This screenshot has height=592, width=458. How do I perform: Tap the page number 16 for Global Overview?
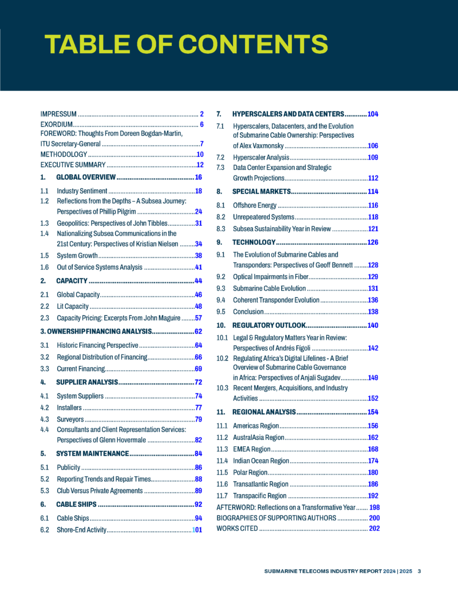click(x=199, y=177)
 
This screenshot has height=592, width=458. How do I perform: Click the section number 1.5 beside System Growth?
click(x=45, y=256)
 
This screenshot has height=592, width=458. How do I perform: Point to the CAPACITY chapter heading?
click(x=72, y=281)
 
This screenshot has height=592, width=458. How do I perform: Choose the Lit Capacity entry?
click(x=73, y=306)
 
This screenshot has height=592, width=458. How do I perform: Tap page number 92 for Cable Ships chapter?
click(x=199, y=504)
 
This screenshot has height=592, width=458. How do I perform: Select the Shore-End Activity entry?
click(x=81, y=530)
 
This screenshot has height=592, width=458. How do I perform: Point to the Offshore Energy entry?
click(x=254, y=205)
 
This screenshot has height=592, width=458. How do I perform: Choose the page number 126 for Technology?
click(x=373, y=243)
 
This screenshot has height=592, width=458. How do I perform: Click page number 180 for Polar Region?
click(x=373, y=472)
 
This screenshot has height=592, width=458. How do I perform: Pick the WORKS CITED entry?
click(x=237, y=529)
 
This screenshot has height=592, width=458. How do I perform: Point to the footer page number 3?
click(x=420, y=571)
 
